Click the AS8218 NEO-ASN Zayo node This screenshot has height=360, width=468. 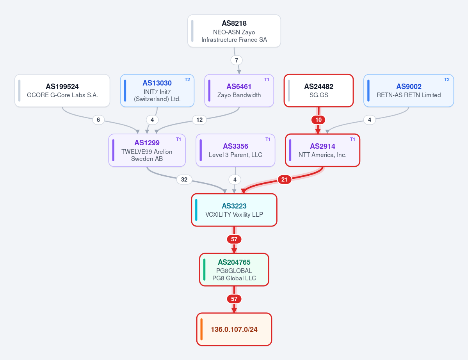point(234,31)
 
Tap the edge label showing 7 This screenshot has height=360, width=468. point(237,60)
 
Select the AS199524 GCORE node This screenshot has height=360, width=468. point(62,91)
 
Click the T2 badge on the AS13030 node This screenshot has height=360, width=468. point(187,80)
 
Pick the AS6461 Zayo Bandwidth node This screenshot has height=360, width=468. point(239,91)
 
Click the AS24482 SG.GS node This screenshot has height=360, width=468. point(319,91)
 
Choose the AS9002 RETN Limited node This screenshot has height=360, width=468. point(409,91)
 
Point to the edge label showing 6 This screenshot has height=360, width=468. point(98,120)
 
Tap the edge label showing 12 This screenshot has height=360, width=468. point(199,120)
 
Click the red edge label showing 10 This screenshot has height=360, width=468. point(319,120)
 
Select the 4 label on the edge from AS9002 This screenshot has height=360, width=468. point(370,120)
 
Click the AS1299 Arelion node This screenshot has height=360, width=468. point(147,150)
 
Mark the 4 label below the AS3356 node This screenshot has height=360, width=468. point(235,179)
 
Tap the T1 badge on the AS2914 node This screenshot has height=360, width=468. point(352,139)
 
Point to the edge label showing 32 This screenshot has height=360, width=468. point(184,179)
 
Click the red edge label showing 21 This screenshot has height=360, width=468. point(285,179)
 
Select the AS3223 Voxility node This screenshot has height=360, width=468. point(234,210)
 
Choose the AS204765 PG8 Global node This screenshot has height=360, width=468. point(234,269)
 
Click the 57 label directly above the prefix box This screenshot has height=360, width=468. point(234,299)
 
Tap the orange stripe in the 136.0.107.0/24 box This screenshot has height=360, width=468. point(201,329)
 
